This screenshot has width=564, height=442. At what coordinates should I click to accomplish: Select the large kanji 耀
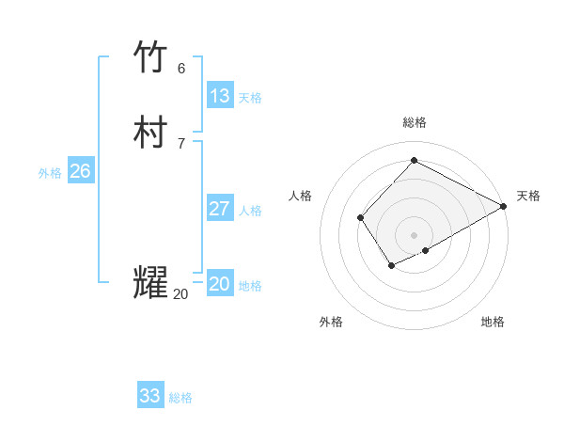coord(151,284)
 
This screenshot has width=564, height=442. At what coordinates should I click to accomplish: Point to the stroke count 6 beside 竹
coord(181,68)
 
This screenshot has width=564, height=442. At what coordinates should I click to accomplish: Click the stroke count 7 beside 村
coord(181,143)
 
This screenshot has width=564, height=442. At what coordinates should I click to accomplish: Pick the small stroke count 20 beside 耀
coord(180,294)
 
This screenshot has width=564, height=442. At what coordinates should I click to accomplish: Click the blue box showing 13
coord(220,96)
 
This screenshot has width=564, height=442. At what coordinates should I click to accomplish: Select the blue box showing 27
coord(220,209)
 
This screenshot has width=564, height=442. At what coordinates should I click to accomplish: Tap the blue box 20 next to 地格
coord(220,284)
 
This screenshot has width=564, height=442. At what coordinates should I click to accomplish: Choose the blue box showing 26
coord(81,171)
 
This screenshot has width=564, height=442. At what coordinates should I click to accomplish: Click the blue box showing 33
coord(150,396)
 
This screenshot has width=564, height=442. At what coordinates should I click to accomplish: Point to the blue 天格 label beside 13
coord(250,98)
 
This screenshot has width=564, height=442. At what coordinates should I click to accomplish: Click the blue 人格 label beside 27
coord(250,211)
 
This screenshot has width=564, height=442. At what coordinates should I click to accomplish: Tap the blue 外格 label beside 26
coord(50,173)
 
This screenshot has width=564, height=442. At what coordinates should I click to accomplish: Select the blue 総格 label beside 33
coord(180,398)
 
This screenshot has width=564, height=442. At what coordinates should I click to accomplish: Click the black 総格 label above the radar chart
coord(415,122)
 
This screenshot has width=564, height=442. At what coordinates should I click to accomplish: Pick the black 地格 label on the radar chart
coord(493,322)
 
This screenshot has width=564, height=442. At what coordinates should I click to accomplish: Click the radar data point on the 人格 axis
coord(361,218)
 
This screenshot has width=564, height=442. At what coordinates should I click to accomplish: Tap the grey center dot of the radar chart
coord(415,235)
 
